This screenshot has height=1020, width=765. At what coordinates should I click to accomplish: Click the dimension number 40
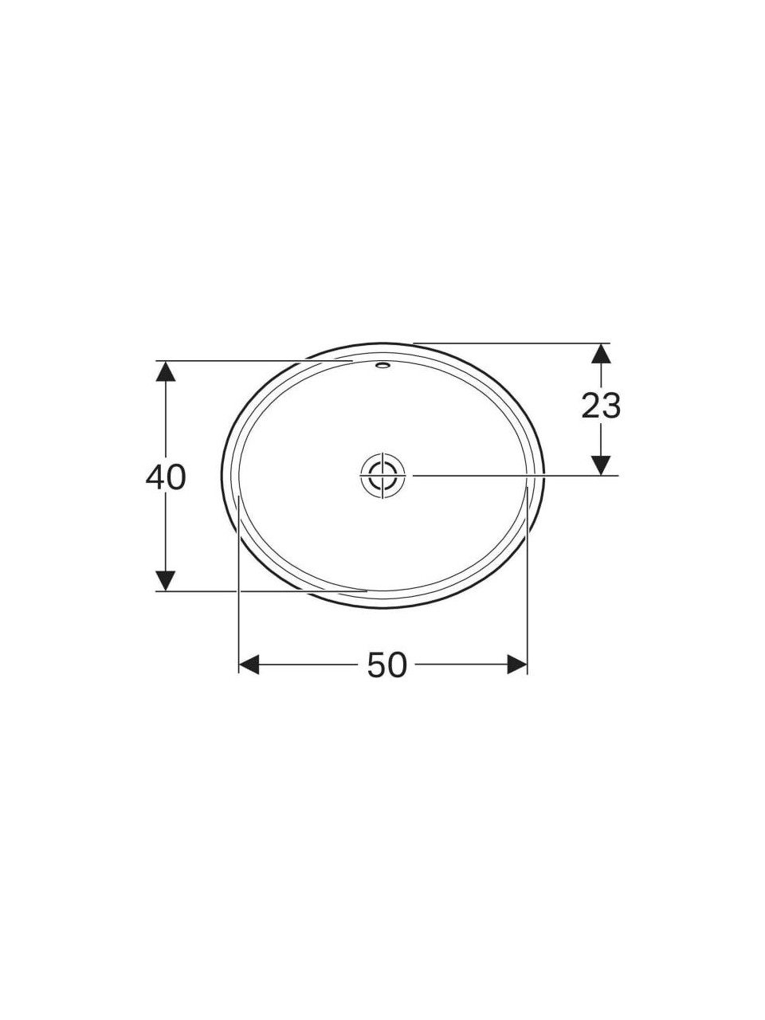(x=166, y=477)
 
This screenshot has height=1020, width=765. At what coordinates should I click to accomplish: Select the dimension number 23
(x=601, y=406)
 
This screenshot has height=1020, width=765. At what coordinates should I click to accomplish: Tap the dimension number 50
(x=387, y=665)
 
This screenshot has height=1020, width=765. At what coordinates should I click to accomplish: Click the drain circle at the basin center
(x=383, y=475)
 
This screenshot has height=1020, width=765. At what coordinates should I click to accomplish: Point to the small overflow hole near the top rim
(x=383, y=365)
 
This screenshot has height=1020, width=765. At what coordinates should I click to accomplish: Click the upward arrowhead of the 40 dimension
(x=166, y=371)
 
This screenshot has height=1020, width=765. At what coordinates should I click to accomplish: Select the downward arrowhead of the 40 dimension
(x=166, y=580)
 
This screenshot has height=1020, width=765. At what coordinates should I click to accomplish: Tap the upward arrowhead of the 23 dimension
(x=602, y=354)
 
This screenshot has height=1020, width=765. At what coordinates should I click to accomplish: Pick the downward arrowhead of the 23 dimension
(x=602, y=465)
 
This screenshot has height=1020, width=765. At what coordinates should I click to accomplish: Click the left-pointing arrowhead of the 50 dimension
(x=249, y=665)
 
